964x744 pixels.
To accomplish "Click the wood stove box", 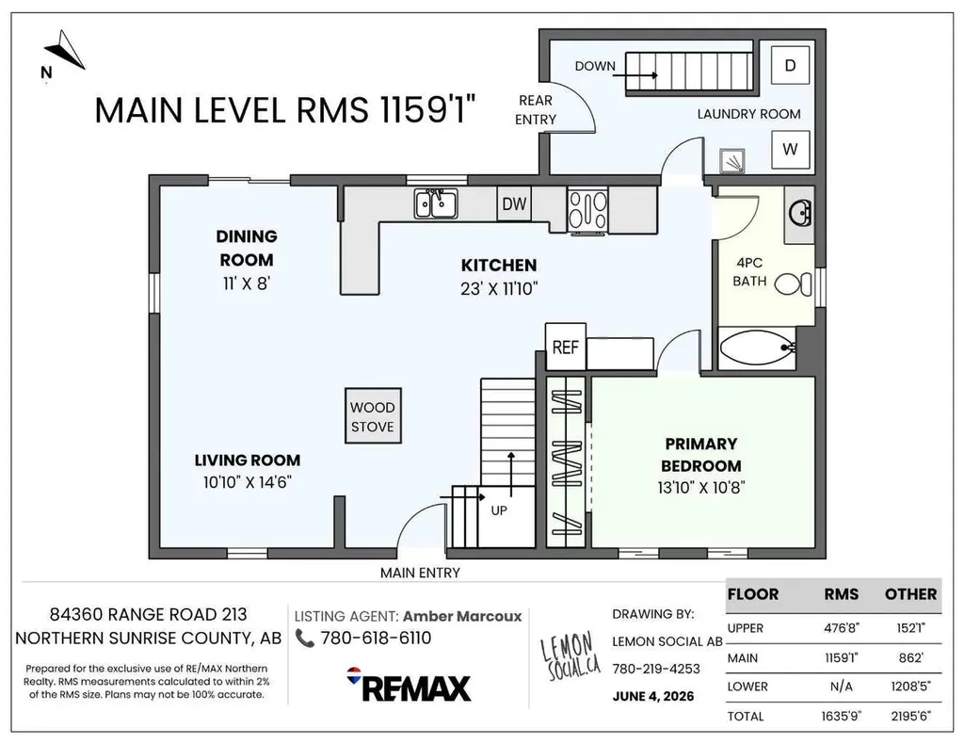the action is coord(373,415).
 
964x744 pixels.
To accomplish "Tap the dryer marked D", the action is coord(791,65).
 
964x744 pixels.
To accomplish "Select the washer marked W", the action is coord(791,149).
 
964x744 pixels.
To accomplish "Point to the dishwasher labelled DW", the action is coord(514,203).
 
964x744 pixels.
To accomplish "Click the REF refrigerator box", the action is coord(566,348).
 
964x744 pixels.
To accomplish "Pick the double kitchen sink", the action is coord(436,202).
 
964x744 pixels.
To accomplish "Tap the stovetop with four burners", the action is coord(587,211).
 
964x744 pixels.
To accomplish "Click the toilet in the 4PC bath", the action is coord(794,284).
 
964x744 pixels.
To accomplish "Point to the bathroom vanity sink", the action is coord(800,214).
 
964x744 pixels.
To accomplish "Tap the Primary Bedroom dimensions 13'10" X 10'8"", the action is coord(700,488).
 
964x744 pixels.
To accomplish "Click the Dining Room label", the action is coord(247,248).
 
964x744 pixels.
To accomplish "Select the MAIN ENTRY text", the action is coord(420,573).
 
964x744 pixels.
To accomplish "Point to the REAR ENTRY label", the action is coord(536,109).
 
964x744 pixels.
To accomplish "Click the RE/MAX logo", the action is coord(409,685).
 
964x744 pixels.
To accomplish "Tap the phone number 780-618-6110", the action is coord(377,639).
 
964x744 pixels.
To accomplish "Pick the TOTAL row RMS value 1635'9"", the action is coord(841,716).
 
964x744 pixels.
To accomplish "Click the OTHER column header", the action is coord(910,594).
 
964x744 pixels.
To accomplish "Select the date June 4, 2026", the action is coord(653,696).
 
